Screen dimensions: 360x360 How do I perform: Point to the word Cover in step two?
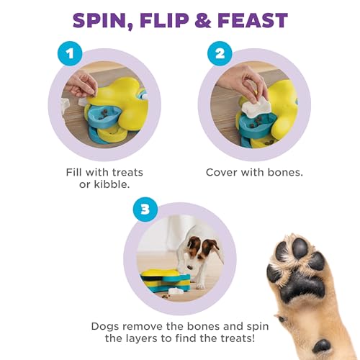222,172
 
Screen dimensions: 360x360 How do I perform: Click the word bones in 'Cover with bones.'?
278,172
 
